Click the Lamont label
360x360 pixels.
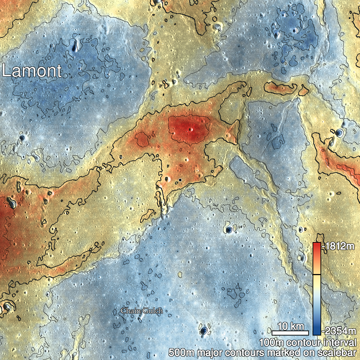pyautogui.click(x=32, y=71)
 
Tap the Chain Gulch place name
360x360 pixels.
pyautogui.click(x=142, y=311)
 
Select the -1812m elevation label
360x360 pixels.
pyautogui.click(x=340, y=247)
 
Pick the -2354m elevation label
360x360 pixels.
pyautogui.click(x=340, y=331)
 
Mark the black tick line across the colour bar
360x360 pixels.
pyautogui.click(x=317, y=274)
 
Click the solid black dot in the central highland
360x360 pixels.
pyautogui.click(x=180, y=179)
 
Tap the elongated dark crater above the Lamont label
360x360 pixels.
pyautogui.click(x=75, y=45)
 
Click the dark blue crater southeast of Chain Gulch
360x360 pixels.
pyautogui.click(x=204, y=330)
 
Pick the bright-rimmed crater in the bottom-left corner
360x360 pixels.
pyautogui.click(x=6, y=307)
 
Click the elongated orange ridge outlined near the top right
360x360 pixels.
pyautogui.click(x=284, y=87)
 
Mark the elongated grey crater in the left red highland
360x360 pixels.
pyautogui.click(x=11, y=203)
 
